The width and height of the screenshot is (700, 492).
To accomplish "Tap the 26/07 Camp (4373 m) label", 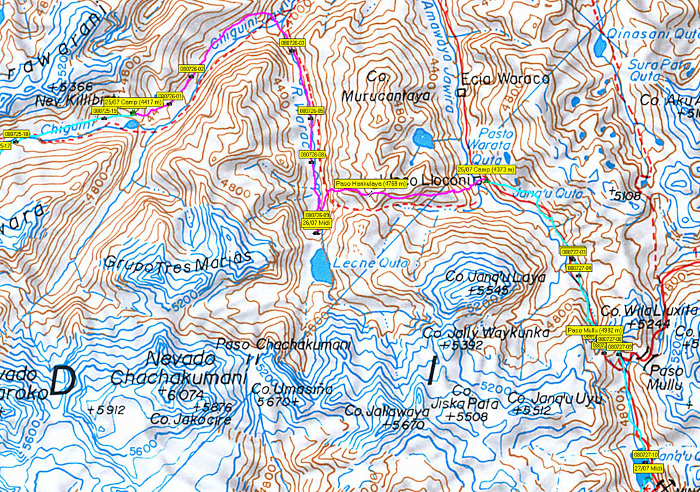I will coord(485,169).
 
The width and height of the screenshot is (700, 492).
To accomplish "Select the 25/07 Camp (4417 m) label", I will coord(133,102).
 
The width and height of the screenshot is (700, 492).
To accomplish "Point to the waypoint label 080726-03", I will coord(292,43).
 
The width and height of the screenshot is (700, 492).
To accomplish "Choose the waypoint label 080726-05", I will coord(312,110).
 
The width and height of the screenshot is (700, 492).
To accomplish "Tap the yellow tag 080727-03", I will coord(574,252).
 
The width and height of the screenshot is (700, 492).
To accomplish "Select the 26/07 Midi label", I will coord(316,222).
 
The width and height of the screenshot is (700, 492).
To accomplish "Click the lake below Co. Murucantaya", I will coord(422,139).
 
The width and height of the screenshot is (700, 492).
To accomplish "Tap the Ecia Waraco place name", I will coord(505,79).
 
